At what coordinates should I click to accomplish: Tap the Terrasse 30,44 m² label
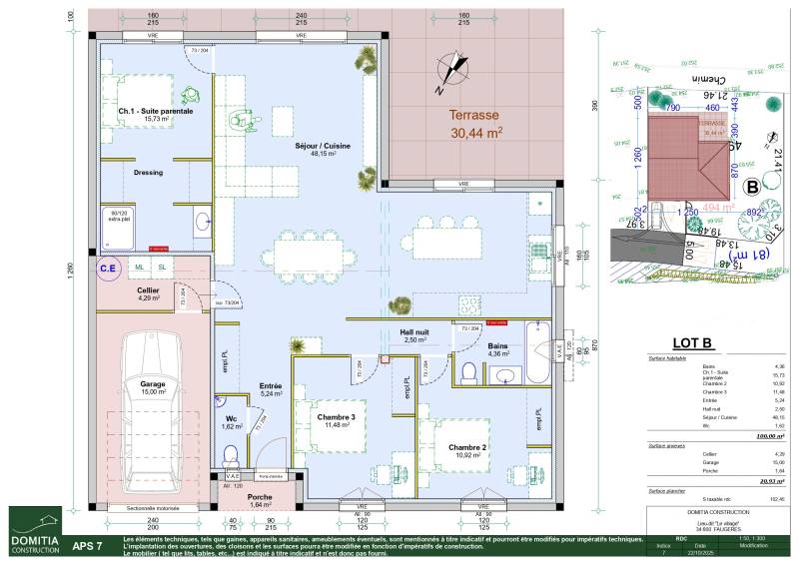tap(475, 123)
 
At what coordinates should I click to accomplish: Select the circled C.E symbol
tap(108, 268)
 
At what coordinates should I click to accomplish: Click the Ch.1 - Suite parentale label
tap(155, 114)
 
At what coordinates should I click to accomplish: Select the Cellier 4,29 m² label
tap(149, 293)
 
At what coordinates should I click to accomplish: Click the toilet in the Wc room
tap(230, 456)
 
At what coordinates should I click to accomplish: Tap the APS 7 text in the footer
tap(87, 546)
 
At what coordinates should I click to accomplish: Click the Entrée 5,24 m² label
tap(271, 389)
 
